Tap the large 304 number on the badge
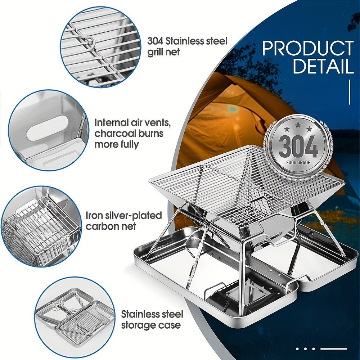pyautogui.click(x=298, y=147)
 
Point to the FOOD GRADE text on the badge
pyautogui.click(x=298, y=162)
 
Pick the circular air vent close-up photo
pyautogui.click(x=48, y=130)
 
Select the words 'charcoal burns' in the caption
pyautogui.click(x=129, y=134)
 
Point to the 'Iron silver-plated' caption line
pyautogui.click(x=123, y=216)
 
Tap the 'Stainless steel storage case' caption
pyautogui.click(x=152, y=320)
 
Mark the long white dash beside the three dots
pyautogui.click(x=334, y=348)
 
